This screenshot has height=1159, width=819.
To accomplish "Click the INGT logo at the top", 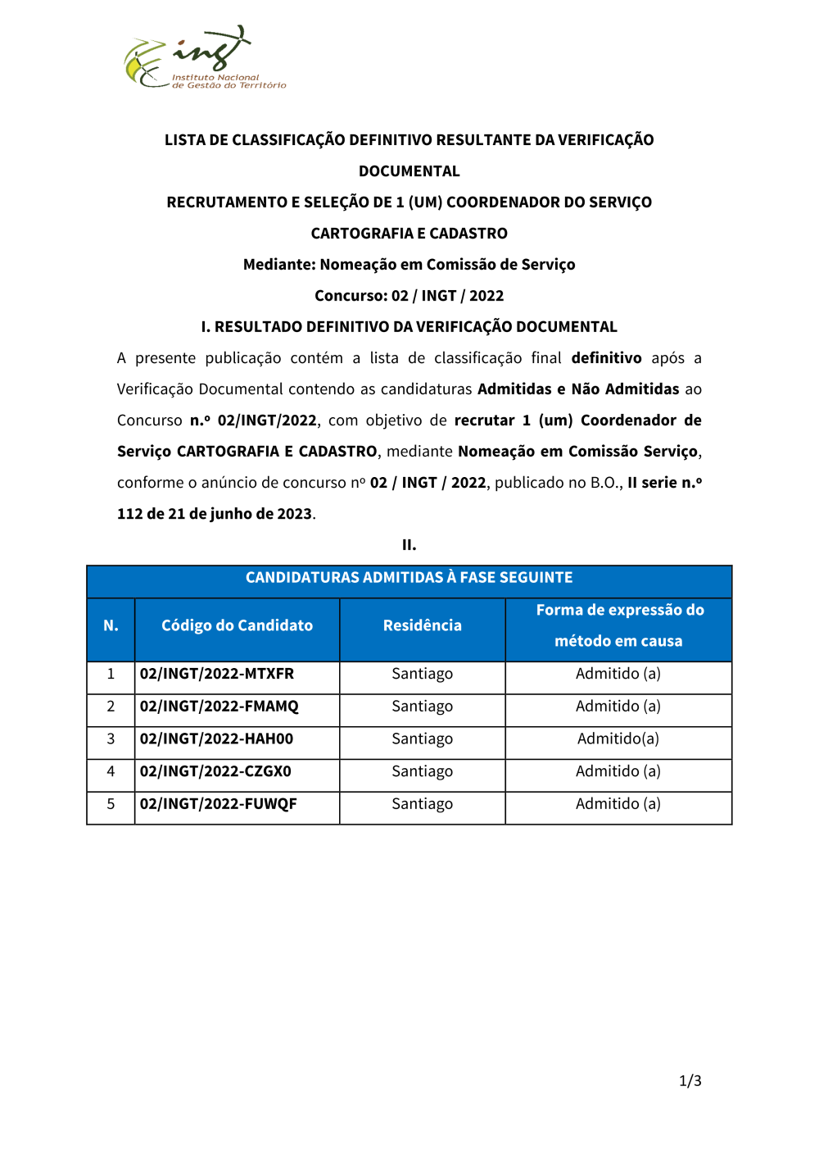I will point(205,57).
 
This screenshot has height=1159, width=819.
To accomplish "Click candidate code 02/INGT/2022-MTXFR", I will point(217,674).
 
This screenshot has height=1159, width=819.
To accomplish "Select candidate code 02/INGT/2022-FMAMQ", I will point(219,707).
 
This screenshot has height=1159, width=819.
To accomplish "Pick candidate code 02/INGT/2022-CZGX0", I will point(216,771).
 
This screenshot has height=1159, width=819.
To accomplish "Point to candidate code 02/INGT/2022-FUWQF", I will point(219,804).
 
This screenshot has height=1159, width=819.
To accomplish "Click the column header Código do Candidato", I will point(237,625).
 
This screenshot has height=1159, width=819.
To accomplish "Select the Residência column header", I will point(422,625).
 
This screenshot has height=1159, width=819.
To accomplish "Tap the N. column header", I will point(111,625).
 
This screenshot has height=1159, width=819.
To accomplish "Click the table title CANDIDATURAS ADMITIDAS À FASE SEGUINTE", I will point(409,578).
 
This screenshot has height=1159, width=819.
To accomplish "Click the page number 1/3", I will point(690,1081).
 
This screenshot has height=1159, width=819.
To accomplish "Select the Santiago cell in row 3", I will point(422,739).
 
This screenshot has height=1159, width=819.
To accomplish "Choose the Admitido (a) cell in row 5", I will point(618,804).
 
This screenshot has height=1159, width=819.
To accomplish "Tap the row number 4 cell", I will point(111,771).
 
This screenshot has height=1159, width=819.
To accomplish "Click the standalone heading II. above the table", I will point(409,545).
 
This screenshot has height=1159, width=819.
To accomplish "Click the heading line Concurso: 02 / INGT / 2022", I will point(409,296).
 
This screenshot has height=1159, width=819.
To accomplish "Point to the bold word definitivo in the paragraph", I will point(606,358).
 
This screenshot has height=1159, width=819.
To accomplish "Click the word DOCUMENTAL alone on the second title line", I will point(409,171).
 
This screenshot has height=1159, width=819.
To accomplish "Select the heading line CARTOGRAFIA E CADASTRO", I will point(409,234).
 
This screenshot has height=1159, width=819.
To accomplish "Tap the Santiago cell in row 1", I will point(422,674).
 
